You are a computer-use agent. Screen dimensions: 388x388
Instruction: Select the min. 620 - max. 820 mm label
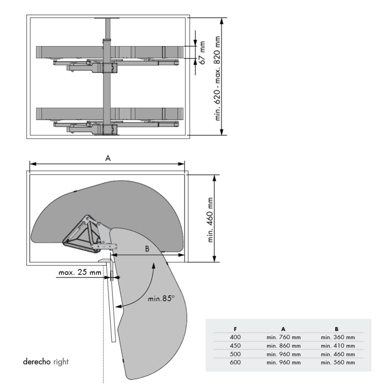tap(218, 78)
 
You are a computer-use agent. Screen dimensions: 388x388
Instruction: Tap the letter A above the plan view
tap(108, 158)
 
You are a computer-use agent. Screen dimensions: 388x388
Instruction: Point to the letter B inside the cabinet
tap(147, 249)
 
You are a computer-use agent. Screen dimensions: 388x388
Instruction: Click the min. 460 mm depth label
tap(211, 220)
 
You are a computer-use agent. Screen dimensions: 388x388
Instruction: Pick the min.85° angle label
tap(161, 299)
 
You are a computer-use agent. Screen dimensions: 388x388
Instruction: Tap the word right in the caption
tap(61, 362)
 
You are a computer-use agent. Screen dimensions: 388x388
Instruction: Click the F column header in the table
tap(235, 329)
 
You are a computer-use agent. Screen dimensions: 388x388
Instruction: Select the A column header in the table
tap(284, 329)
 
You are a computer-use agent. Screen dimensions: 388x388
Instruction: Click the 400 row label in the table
tap(235, 337)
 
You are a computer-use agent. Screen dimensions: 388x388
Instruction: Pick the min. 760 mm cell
tap(284, 337)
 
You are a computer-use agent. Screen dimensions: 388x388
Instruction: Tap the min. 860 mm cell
tap(284, 346)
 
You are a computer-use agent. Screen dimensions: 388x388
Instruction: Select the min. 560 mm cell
tap(338, 363)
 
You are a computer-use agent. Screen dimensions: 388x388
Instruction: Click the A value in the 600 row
tap(284, 363)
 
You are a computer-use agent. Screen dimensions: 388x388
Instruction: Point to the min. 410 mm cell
tap(338, 346)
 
